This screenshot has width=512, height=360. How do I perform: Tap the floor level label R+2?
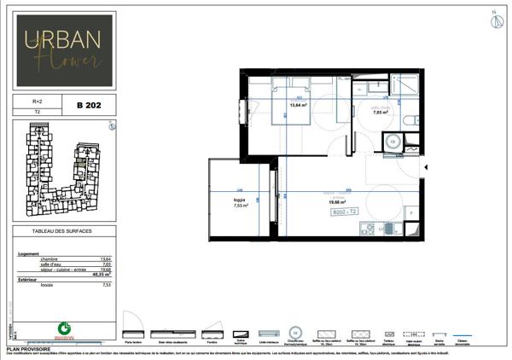pyautogui.click(x=37, y=101)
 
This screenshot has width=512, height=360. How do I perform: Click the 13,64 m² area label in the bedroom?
pyautogui.click(x=298, y=106)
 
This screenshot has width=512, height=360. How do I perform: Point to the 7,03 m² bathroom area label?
pyautogui.click(x=380, y=112)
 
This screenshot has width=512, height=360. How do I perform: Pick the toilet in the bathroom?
pyautogui.click(x=411, y=120)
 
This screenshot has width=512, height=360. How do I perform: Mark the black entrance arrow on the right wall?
pyautogui.click(x=428, y=168)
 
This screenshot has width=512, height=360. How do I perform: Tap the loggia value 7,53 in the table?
pyautogui.click(x=107, y=285)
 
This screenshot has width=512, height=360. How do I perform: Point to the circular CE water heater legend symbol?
pyautogui.click(x=296, y=332)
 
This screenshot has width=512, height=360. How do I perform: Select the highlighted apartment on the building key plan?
pyautogui.click(x=81, y=163)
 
